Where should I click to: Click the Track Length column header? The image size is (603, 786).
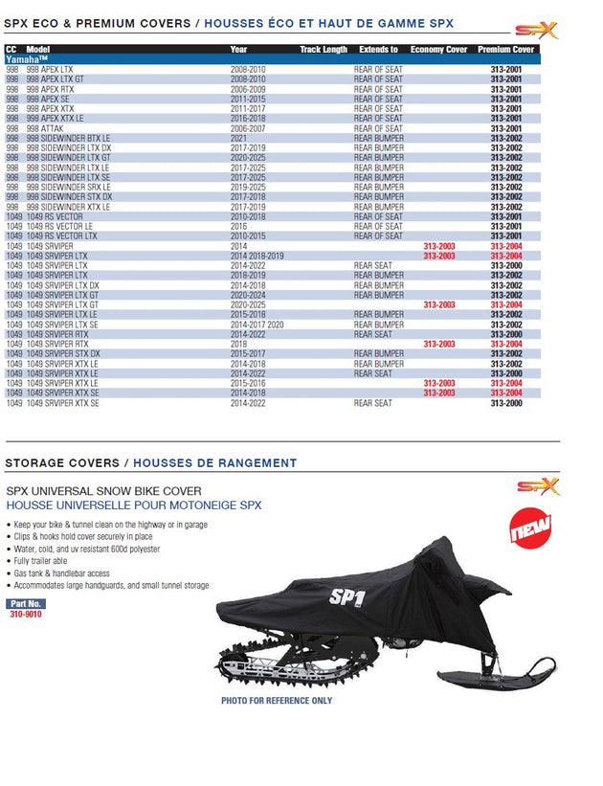pyautogui.click(x=323, y=49)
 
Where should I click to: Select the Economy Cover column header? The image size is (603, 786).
pyautogui.click(x=438, y=49)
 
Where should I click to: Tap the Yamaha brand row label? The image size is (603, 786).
pyautogui.click(x=27, y=59)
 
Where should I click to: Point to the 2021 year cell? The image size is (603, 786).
pyautogui.click(x=238, y=138)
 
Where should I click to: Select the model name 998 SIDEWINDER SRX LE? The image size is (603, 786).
pyautogui.click(x=69, y=187)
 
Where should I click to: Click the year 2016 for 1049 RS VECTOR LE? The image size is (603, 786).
pyautogui.click(x=238, y=226)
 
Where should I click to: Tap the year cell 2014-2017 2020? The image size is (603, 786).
pyautogui.click(x=258, y=325)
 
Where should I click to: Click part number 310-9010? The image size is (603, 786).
pyautogui.click(x=25, y=614)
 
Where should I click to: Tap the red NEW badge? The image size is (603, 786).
pyautogui.click(x=530, y=532)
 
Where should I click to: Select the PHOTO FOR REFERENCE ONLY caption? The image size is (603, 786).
pyautogui.click(x=277, y=701)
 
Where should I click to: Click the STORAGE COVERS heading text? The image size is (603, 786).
pyautogui.click(x=64, y=462)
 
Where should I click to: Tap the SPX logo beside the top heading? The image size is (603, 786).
pyautogui.click(x=536, y=31)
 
